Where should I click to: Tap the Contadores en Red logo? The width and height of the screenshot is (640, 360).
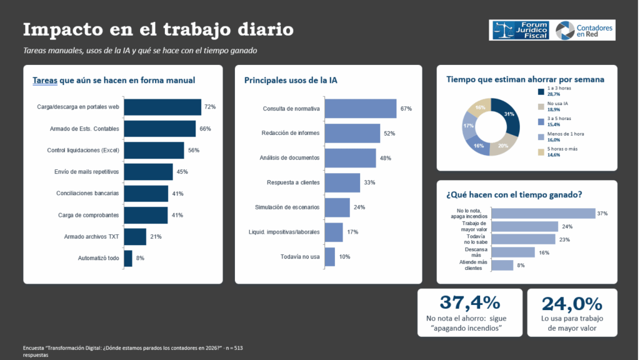(584, 31)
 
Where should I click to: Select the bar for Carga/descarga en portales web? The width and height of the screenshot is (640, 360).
(162, 107)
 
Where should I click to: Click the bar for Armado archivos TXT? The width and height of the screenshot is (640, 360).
(135, 237)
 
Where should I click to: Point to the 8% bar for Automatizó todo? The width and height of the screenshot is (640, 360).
(128, 258)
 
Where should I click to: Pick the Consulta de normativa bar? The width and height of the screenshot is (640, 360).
(361, 109)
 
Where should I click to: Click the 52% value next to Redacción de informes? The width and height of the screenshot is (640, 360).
(389, 134)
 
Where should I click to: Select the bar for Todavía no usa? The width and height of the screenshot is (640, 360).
(330, 257)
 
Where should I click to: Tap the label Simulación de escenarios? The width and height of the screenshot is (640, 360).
(287, 207)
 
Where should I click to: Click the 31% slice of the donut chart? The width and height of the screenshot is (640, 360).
(508, 115)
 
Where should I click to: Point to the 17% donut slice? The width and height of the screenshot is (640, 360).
(469, 126)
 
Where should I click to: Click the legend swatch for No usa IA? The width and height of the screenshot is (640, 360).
(541, 106)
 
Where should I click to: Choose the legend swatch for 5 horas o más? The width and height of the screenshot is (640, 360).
(541, 152)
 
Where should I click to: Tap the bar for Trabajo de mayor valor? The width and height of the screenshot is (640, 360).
(524, 226)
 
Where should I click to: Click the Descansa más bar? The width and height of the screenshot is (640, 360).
(513, 252)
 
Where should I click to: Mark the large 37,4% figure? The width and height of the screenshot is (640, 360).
(470, 303)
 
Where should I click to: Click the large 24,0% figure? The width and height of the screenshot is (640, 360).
(572, 304)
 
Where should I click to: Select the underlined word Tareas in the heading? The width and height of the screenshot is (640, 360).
(45, 81)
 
